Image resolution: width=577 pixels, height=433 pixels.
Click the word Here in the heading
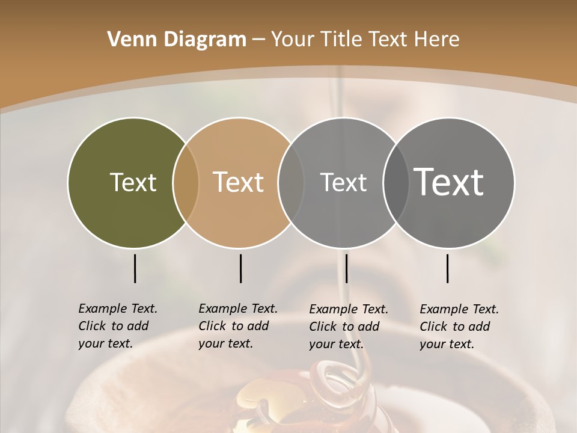click(439, 40)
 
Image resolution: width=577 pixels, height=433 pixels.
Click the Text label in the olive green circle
click(133, 182)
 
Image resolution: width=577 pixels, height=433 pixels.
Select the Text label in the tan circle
click(238, 182)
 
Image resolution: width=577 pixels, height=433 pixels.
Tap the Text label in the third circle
click(343, 182)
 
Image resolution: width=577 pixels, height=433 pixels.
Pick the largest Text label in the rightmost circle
click(449, 182)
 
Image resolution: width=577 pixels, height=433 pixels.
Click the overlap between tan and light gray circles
click(291, 182)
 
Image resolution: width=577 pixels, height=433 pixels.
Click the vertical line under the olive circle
click(135, 268)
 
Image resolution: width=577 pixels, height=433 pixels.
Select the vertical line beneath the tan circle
click(240, 268)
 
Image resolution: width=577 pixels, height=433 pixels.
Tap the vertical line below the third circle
click(347, 268)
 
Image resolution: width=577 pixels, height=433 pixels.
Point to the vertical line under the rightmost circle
click(448, 268)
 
